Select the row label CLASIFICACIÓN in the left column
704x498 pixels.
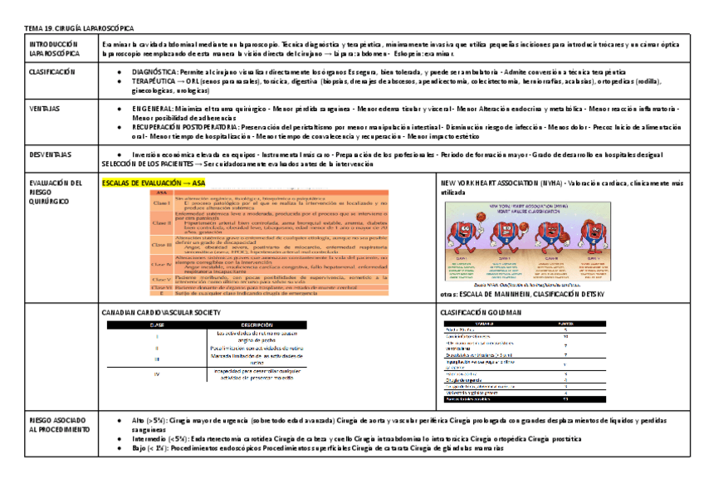[x=51, y=72]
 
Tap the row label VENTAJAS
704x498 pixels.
[x=44, y=109]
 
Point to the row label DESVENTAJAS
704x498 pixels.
[x=50, y=154]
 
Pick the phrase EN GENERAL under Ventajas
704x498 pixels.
[x=152, y=109]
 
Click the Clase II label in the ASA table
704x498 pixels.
[x=161, y=222]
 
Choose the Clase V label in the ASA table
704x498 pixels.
[x=161, y=280]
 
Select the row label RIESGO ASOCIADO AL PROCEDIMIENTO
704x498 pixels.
[x=58, y=425]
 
